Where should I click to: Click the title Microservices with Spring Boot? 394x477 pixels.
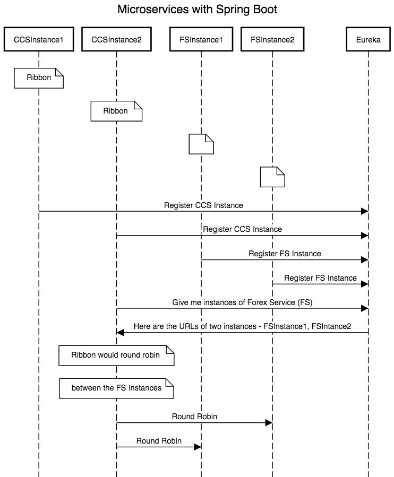click(197, 10)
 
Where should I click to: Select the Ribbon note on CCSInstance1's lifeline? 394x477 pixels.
click(39, 77)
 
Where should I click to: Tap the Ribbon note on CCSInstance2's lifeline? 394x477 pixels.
click(116, 111)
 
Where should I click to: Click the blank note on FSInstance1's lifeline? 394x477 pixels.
click(201, 144)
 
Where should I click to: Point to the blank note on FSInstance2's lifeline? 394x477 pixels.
click(272, 177)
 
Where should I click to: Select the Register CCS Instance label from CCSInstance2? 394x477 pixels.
click(242, 229)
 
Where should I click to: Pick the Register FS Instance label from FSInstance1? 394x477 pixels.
click(285, 254)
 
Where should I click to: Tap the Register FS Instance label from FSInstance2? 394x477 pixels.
click(320, 277)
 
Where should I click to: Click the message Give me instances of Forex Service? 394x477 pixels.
click(242, 302)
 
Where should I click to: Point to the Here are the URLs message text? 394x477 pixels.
click(242, 326)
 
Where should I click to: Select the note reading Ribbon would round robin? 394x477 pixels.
click(116, 355)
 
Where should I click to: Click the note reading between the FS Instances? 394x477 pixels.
click(116, 388)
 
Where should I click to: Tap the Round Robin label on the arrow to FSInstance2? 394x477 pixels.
click(194, 417)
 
